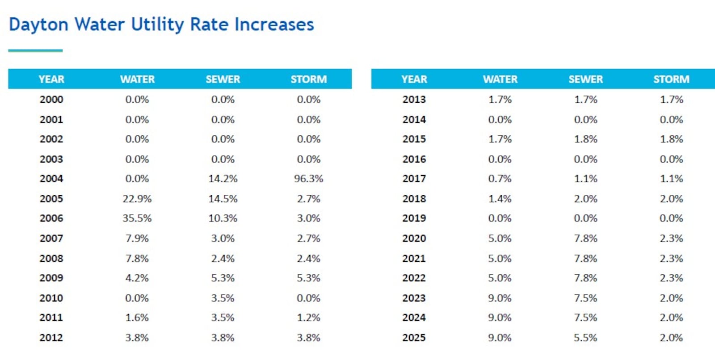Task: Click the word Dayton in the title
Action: (38, 25)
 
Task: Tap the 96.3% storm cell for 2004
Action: (308, 179)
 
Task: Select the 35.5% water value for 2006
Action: (137, 218)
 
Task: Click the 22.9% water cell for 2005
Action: (137, 199)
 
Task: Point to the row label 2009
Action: (51, 278)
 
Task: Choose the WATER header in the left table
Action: (137, 80)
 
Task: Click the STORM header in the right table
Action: (671, 80)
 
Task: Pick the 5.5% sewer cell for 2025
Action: (585, 338)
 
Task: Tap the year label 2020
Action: (414, 239)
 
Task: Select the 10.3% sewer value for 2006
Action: (223, 218)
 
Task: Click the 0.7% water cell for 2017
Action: (500, 179)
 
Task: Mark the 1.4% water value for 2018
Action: (500, 199)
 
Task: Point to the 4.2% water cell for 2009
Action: (137, 278)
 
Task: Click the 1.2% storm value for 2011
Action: (308, 318)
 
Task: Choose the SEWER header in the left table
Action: (223, 80)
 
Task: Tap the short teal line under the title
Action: (35, 50)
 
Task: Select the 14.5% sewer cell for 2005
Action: (223, 199)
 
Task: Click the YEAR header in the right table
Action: (414, 80)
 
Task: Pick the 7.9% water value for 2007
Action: (137, 239)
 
